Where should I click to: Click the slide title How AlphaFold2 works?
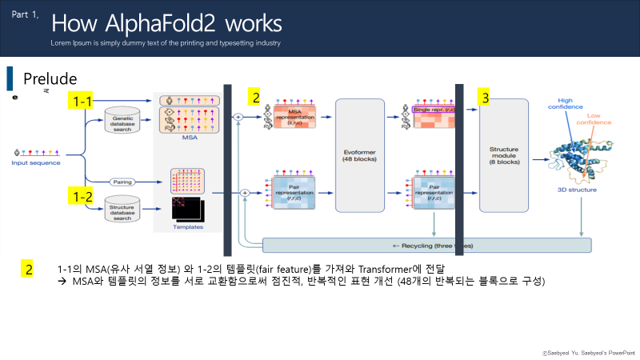(166, 22)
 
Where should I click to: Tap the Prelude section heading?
(50, 78)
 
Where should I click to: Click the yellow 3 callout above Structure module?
(485, 98)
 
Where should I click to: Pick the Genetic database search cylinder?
(122, 124)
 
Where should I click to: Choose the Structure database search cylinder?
(122, 211)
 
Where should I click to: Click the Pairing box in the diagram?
(122, 182)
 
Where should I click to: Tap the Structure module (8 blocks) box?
(504, 155)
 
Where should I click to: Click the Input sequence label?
(35, 163)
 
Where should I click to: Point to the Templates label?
(187, 227)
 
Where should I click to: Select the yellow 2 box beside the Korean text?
(28, 269)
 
